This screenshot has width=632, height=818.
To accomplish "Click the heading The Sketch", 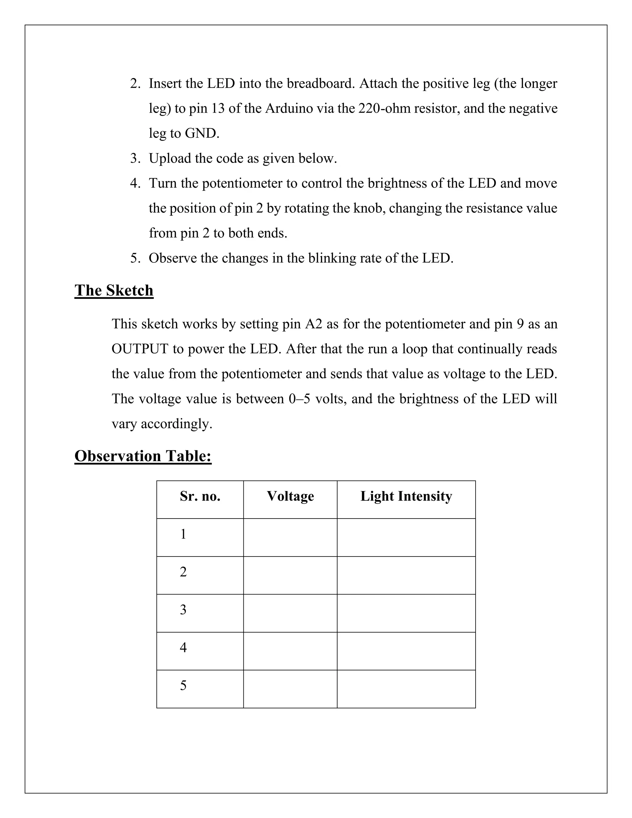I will click(x=114, y=291).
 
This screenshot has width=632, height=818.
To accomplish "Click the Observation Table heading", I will click(x=143, y=456).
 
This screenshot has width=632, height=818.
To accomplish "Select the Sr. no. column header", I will click(x=200, y=496).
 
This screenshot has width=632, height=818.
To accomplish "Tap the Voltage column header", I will click(x=290, y=496).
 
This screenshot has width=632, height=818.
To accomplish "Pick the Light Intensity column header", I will click(x=406, y=496).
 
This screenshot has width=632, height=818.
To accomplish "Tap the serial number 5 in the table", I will click(x=183, y=685).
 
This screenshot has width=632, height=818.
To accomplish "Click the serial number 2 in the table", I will click(x=183, y=572).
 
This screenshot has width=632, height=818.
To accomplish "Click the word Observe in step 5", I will click(x=173, y=258).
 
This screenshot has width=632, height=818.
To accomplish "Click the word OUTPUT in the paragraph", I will click(x=140, y=349).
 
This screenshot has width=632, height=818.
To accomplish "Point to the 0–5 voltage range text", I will click(x=299, y=399).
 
